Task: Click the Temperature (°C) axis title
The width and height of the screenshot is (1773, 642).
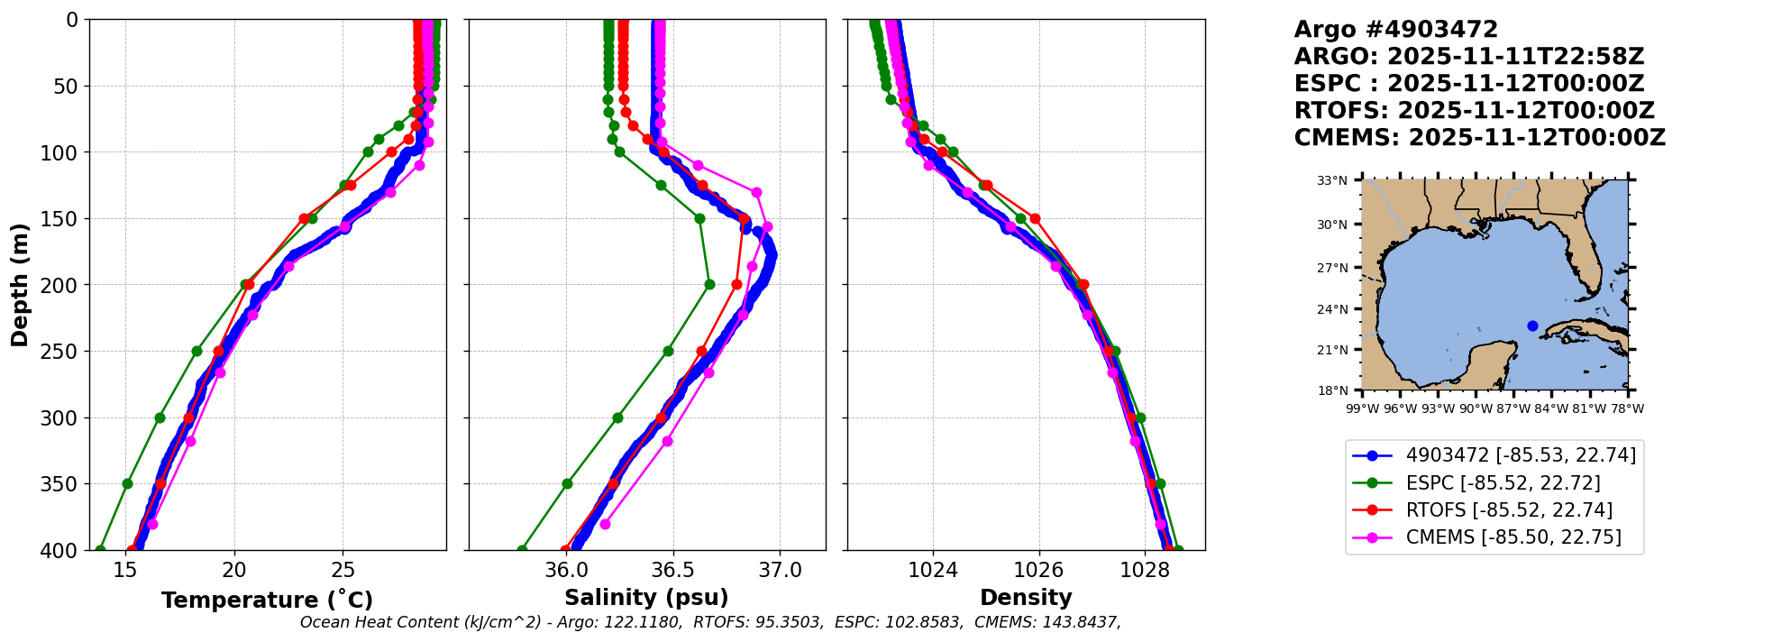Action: (x=267, y=601)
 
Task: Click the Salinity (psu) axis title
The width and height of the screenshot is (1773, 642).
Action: (x=646, y=598)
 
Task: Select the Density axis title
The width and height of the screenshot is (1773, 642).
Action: (x=1026, y=598)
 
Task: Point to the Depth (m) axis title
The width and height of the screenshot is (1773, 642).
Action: (x=20, y=284)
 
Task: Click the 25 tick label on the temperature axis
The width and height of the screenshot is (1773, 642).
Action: (x=343, y=570)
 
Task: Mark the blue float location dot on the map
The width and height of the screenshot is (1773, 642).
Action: (x=1532, y=326)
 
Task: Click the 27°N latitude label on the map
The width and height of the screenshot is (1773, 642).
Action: (x=1332, y=268)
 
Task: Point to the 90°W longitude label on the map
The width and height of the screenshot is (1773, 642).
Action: (x=1476, y=408)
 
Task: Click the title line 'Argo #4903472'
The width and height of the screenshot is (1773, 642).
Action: (x=1395, y=30)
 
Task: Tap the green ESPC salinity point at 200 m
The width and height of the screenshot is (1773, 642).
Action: (x=709, y=284)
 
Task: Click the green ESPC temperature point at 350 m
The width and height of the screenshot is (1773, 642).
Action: (x=127, y=483)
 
